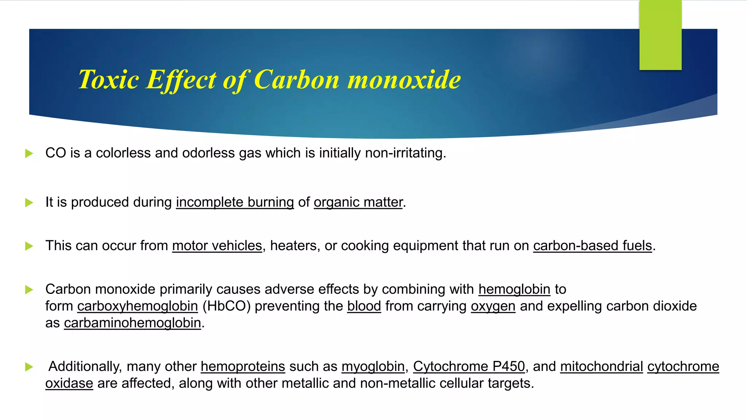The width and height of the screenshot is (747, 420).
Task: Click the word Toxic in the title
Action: (108, 79)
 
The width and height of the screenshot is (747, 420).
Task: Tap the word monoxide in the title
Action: (404, 79)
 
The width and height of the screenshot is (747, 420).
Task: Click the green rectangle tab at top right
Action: (660, 35)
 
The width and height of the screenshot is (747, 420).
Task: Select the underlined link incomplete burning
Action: (235, 202)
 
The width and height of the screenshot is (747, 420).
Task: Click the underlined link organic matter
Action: (358, 202)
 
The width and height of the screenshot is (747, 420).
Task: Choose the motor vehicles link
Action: (217, 246)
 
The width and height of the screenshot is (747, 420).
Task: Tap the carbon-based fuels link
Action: (592, 246)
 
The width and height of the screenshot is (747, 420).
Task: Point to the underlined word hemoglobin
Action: (514, 289)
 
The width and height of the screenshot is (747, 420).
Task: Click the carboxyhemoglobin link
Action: (138, 306)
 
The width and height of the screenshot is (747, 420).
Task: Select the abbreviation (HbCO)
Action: (226, 306)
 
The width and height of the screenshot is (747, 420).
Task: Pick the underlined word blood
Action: (364, 306)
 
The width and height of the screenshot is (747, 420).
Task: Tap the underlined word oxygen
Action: (493, 306)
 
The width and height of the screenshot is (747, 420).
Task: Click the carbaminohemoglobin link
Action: (132, 323)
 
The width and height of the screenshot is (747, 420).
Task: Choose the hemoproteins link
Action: (243, 366)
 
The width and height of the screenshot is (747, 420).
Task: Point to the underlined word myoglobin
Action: (373, 366)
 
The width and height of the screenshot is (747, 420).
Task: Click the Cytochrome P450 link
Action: (469, 366)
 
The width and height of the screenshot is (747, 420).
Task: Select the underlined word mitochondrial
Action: (601, 366)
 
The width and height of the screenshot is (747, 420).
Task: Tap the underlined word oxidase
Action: (69, 383)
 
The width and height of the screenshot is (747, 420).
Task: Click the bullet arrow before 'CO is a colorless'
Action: (29, 153)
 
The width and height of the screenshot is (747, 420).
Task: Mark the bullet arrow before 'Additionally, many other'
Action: (29, 367)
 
